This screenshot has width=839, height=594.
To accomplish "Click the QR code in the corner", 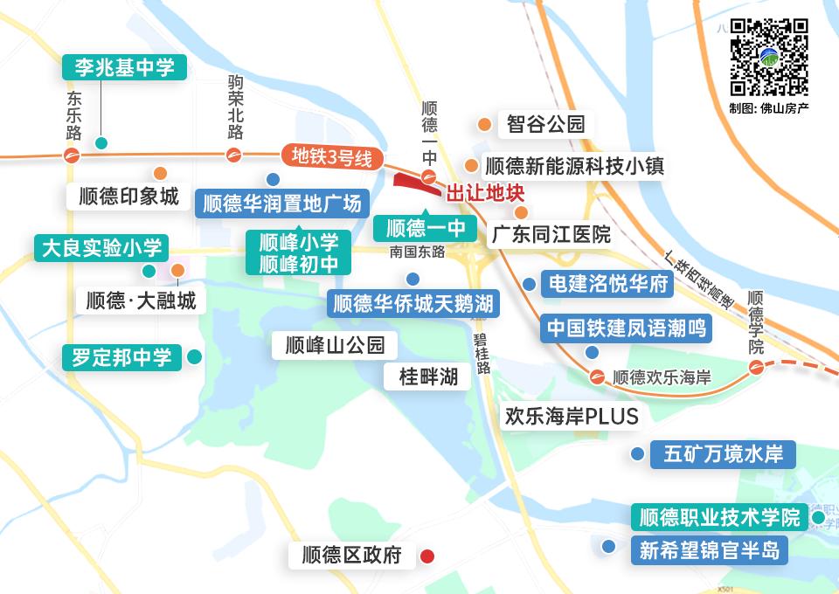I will tap(769, 57).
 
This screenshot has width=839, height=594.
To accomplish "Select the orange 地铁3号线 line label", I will tap(332, 158).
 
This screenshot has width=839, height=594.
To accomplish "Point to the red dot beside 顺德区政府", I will tap(427, 556).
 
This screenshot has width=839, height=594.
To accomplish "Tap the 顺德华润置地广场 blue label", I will tap(281, 204).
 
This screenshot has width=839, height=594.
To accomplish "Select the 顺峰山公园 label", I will tap(335, 345).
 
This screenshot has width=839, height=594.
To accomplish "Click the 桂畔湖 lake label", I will tap(428, 376).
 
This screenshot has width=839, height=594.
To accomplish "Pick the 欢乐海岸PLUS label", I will tap(572, 416).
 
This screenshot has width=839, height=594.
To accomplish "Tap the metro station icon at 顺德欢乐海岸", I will tap(597, 377).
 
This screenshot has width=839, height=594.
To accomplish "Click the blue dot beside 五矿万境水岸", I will tap(638, 454).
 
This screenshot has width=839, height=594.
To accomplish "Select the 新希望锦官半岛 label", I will tap(709, 550).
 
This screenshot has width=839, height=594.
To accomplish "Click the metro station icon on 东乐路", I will tap(72, 156).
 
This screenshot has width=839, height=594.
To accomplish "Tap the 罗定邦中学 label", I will tap(121, 357).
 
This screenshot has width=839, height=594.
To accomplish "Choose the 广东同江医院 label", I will tap(550, 235).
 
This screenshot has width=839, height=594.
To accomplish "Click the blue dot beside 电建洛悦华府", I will tap(529, 283).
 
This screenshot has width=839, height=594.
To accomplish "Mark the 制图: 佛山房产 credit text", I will tap(769, 109).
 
